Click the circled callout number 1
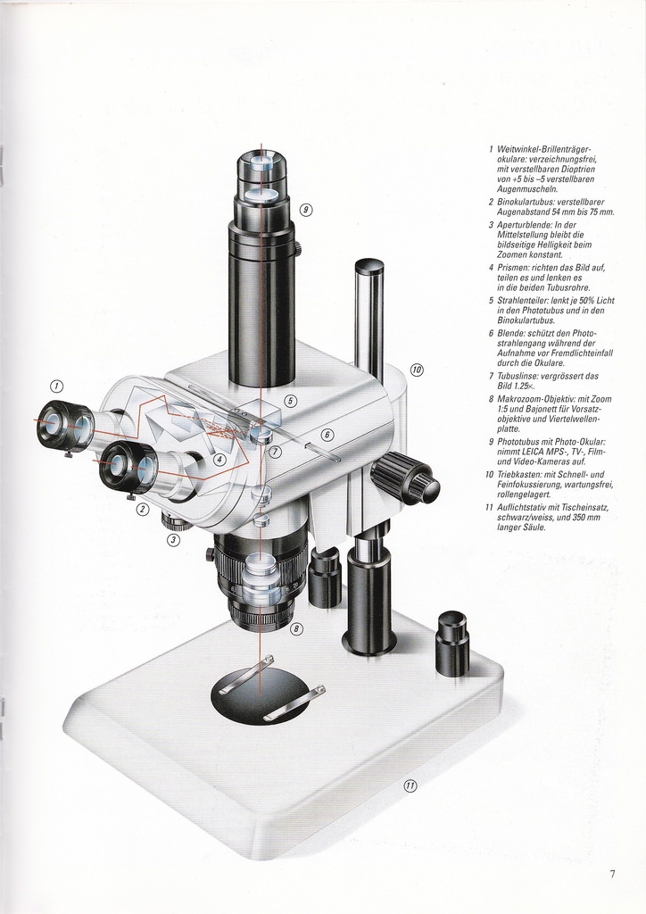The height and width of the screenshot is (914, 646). (56, 386)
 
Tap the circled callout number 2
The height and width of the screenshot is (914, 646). (142, 509)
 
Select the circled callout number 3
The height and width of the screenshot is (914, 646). (174, 540)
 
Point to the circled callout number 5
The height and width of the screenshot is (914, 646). (291, 401)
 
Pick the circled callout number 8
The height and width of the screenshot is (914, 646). (296, 628)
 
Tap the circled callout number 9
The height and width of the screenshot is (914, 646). (306, 210)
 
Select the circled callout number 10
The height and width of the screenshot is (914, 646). (417, 370)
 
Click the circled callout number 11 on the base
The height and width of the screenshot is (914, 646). (410, 785)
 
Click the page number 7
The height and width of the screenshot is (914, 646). (612, 873)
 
